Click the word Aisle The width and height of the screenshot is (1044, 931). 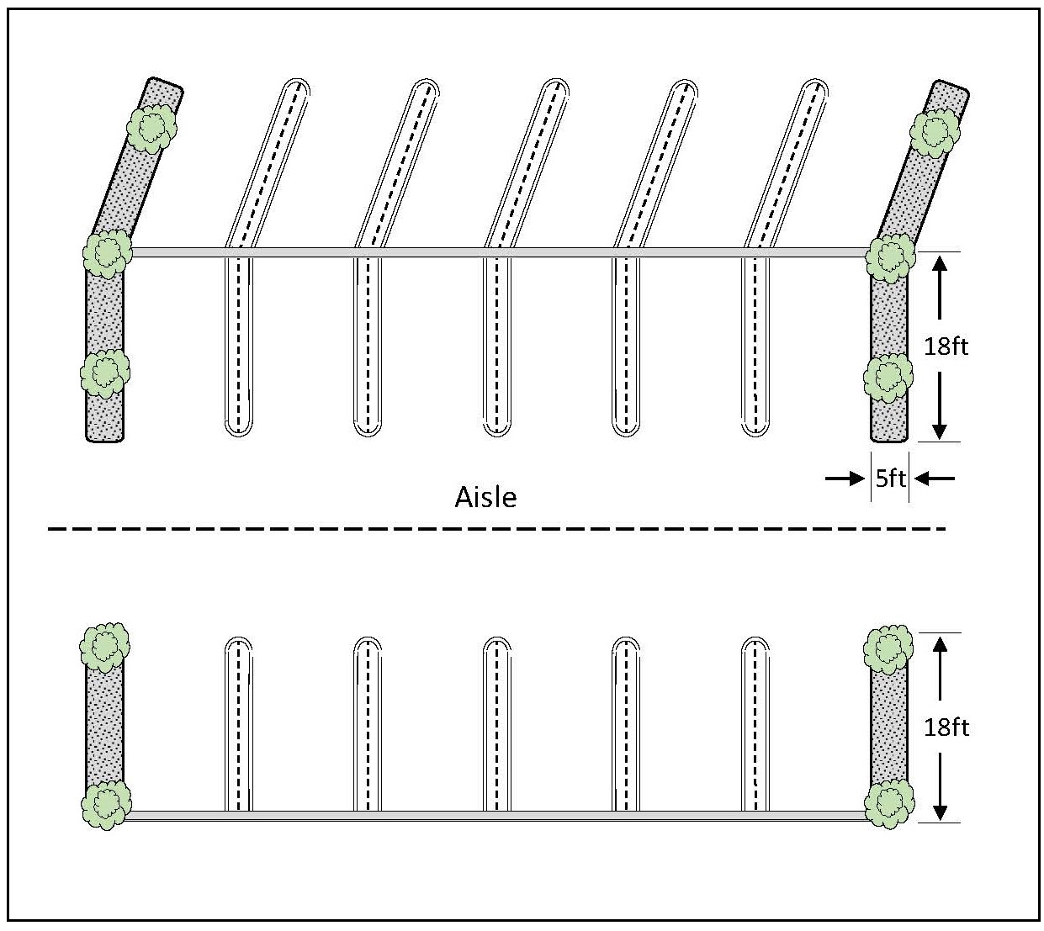485,498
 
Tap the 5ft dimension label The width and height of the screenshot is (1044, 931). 890,479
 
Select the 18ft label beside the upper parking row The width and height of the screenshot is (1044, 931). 946,346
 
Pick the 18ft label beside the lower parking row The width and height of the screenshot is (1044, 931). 946,727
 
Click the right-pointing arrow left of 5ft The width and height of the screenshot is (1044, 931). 845,479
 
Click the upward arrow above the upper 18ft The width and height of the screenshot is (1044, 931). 940,288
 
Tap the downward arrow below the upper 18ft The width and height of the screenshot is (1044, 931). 940,406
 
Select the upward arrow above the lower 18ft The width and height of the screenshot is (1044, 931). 940,669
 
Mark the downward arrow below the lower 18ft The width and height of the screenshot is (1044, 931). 940,786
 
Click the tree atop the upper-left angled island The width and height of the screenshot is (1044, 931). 152,129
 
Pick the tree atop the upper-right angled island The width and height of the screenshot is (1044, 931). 935,132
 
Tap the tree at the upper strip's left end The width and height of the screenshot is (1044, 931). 108,254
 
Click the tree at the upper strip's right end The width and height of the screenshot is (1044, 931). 890,258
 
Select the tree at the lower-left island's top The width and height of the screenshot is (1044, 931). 105,647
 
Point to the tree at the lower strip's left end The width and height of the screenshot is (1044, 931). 107,805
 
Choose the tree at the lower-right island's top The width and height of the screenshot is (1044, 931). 888,650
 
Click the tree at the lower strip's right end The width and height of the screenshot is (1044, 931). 889,804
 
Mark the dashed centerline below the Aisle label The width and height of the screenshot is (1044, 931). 496,529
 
